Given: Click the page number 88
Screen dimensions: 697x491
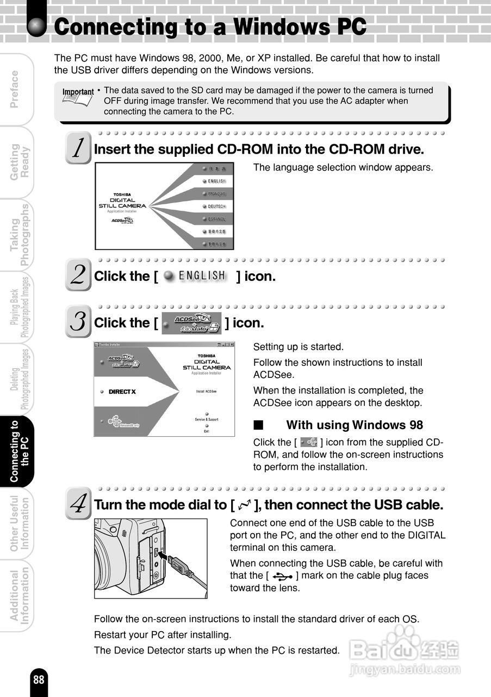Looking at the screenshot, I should click(x=39, y=680).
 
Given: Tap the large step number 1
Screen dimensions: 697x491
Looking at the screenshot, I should click(x=79, y=148).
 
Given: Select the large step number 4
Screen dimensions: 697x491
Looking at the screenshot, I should click(x=78, y=503).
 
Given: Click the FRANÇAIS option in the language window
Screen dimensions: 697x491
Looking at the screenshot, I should click(x=216, y=194).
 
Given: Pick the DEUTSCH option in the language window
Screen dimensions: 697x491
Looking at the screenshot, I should click(x=216, y=206).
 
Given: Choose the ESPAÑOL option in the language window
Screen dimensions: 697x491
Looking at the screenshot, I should click(x=216, y=219).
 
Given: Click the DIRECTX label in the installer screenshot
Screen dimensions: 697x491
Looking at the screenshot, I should click(x=122, y=392).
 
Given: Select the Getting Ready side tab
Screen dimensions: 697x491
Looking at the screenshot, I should click(x=21, y=161).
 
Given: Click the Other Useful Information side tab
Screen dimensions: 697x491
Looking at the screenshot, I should click(x=21, y=523).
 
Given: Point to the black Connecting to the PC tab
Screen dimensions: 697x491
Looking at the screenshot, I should click(x=21, y=451).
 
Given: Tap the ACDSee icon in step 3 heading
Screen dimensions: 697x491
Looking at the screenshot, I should click(x=192, y=323).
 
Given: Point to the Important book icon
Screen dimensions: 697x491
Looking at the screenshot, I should click(x=77, y=99).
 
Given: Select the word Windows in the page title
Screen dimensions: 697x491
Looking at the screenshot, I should click(x=278, y=27).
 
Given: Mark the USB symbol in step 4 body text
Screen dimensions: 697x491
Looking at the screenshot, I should click(x=283, y=576).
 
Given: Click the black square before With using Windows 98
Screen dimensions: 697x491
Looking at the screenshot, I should click(x=258, y=425).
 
